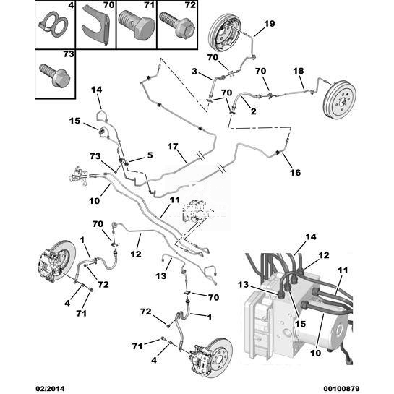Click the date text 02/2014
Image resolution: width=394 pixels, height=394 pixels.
click(50, 388)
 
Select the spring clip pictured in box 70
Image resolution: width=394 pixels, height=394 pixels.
click(96, 25)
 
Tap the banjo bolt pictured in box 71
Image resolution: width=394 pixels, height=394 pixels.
click(136, 25)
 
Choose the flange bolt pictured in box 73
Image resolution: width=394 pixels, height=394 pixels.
click(55, 75)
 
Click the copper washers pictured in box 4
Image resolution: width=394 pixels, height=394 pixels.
click(53, 25)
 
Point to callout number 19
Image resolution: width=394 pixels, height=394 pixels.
click(270, 24)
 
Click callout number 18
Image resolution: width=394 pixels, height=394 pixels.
click(299, 71)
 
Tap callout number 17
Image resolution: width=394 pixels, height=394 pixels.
click(173, 146)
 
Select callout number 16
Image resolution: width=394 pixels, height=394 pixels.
click(295, 172)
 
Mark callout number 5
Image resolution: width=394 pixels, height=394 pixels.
click(150, 155)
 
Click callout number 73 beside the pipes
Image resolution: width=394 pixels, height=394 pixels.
click(95, 156)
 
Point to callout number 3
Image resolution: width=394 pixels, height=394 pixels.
click(194, 72)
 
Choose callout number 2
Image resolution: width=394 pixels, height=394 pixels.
click(253, 111)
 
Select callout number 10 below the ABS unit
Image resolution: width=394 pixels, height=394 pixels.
click(316, 353)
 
